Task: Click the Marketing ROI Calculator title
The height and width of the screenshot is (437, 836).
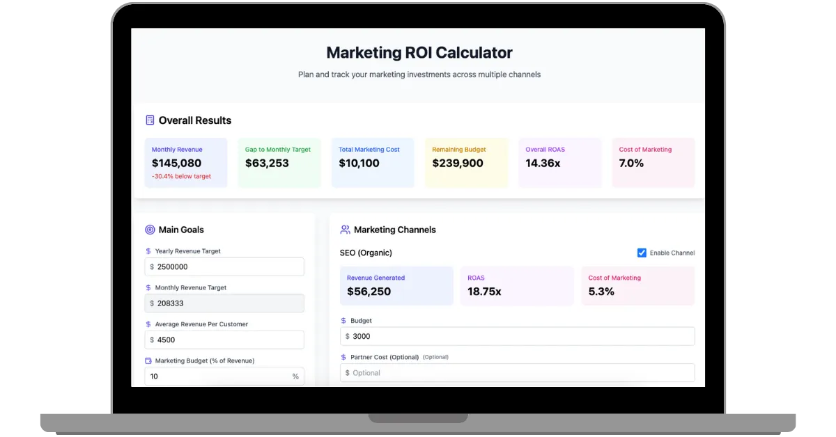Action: pyautogui.click(x=419, y=52)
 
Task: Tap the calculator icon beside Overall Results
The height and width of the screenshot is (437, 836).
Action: pyautogui.click(x=150, y=120)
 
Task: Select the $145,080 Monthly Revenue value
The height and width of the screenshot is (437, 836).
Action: pyautogui.click(x=176, y=164)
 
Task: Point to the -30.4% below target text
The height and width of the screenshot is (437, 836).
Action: pyautogui.click(x=181, y=177)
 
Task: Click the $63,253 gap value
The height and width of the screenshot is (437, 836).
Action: pyautogui.click(x=267, y=164)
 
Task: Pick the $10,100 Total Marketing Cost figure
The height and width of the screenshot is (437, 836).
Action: pyautogui.click(x=359, y=164)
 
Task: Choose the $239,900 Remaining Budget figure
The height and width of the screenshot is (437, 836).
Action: pyautogui.click(x=458, y=164)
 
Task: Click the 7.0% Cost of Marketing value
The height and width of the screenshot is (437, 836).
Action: pyautogui.click(x=631, y=164)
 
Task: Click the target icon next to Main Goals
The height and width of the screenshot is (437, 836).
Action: pyautogui.click(x=150, y=230)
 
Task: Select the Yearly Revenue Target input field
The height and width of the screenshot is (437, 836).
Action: pyautogui.click(x=224, y=267)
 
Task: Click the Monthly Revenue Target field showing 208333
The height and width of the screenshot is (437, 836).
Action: pyautogui.click(x=224, y=303)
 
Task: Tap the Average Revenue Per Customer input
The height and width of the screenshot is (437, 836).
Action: pyautogui.click(x=224, y=340)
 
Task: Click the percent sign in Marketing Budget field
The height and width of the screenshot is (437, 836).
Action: pyautogui.click(x=295, y=376)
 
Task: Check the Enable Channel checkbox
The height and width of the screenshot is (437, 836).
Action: pyautogui.click(x=642, y=253)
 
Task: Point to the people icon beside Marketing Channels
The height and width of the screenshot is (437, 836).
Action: pyautogui.click(x=345, y=230)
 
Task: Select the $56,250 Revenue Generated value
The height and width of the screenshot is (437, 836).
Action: pyautogui.click(x=369, y=292)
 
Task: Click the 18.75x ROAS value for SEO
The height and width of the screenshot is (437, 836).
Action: pyautogui.click(x=484, y=292)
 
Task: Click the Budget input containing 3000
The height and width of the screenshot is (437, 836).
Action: pyautogui.click(x=518, y=336)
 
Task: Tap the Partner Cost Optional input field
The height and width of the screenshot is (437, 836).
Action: pyautogui.click(x=518, y=373)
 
